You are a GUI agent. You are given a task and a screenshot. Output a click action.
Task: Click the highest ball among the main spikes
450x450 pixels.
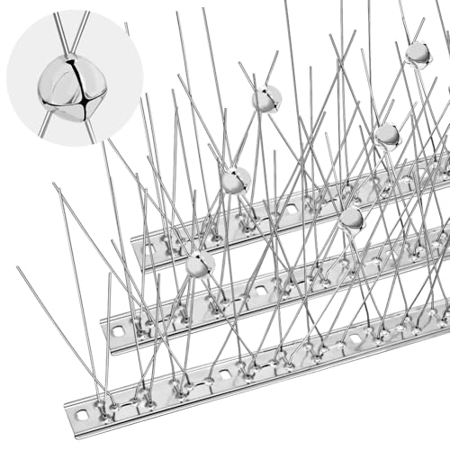(418, 54)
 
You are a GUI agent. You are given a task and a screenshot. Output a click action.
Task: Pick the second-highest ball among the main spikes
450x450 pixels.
(266, 98)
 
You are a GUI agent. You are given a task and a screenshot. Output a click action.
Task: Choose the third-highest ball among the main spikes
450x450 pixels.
(387, 134)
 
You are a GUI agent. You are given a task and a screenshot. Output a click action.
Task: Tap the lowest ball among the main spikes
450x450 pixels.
(200, 263)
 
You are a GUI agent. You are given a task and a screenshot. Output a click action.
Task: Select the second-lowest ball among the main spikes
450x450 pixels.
(352, 218)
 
